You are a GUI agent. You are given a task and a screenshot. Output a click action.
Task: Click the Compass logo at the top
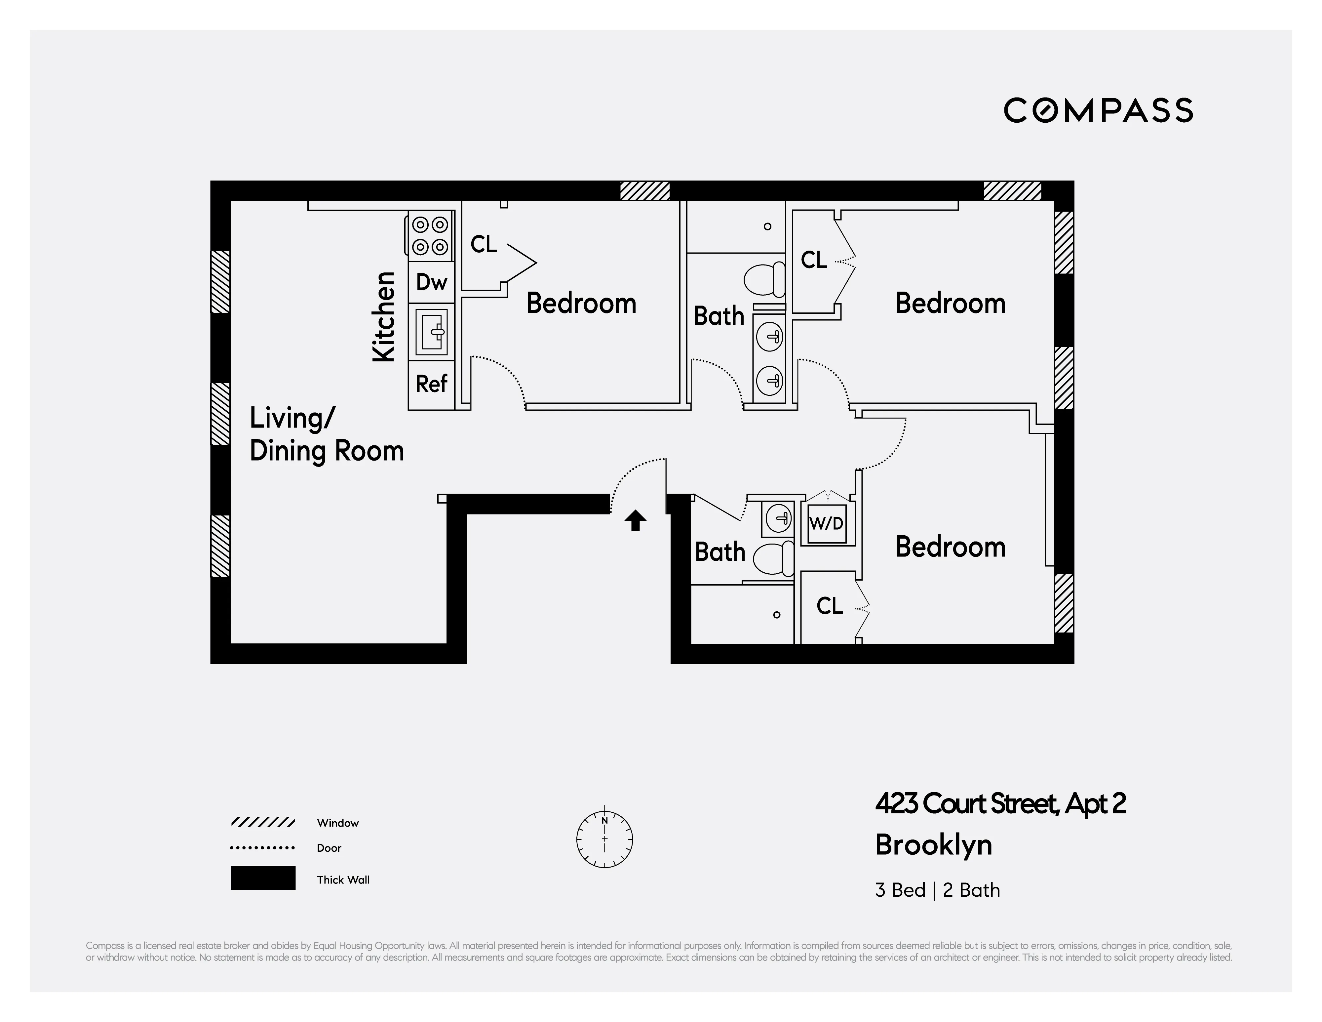[1098, 110]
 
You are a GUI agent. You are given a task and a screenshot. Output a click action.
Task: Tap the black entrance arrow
[635, 521]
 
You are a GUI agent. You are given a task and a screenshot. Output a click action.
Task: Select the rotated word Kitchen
[384, 317]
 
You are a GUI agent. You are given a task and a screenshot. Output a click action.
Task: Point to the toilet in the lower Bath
[774, 559]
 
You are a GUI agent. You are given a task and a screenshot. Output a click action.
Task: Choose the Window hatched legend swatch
[263, 822]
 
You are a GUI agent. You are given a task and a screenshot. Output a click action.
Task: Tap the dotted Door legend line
[263, 848]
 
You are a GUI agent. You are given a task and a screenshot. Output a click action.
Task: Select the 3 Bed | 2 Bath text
[937, 890]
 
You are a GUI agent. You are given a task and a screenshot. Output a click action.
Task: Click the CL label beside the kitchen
[483, 245]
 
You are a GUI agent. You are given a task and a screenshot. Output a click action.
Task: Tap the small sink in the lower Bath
[778, 518]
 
